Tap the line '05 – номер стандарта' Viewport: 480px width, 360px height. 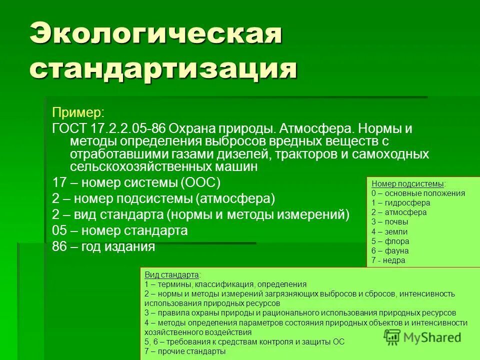[x=120, y=230]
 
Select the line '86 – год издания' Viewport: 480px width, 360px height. [x=103, y=246]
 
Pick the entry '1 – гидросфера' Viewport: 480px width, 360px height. [x=400, y=202]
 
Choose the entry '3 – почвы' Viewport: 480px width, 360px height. [x=390, y=221]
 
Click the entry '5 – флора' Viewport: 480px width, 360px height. [x=390, y=241]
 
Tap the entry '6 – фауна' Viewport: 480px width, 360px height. [x=390, y=250]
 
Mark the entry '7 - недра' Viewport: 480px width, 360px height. [x=388, y=260]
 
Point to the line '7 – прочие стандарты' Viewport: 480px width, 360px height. [x=185, y=351]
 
